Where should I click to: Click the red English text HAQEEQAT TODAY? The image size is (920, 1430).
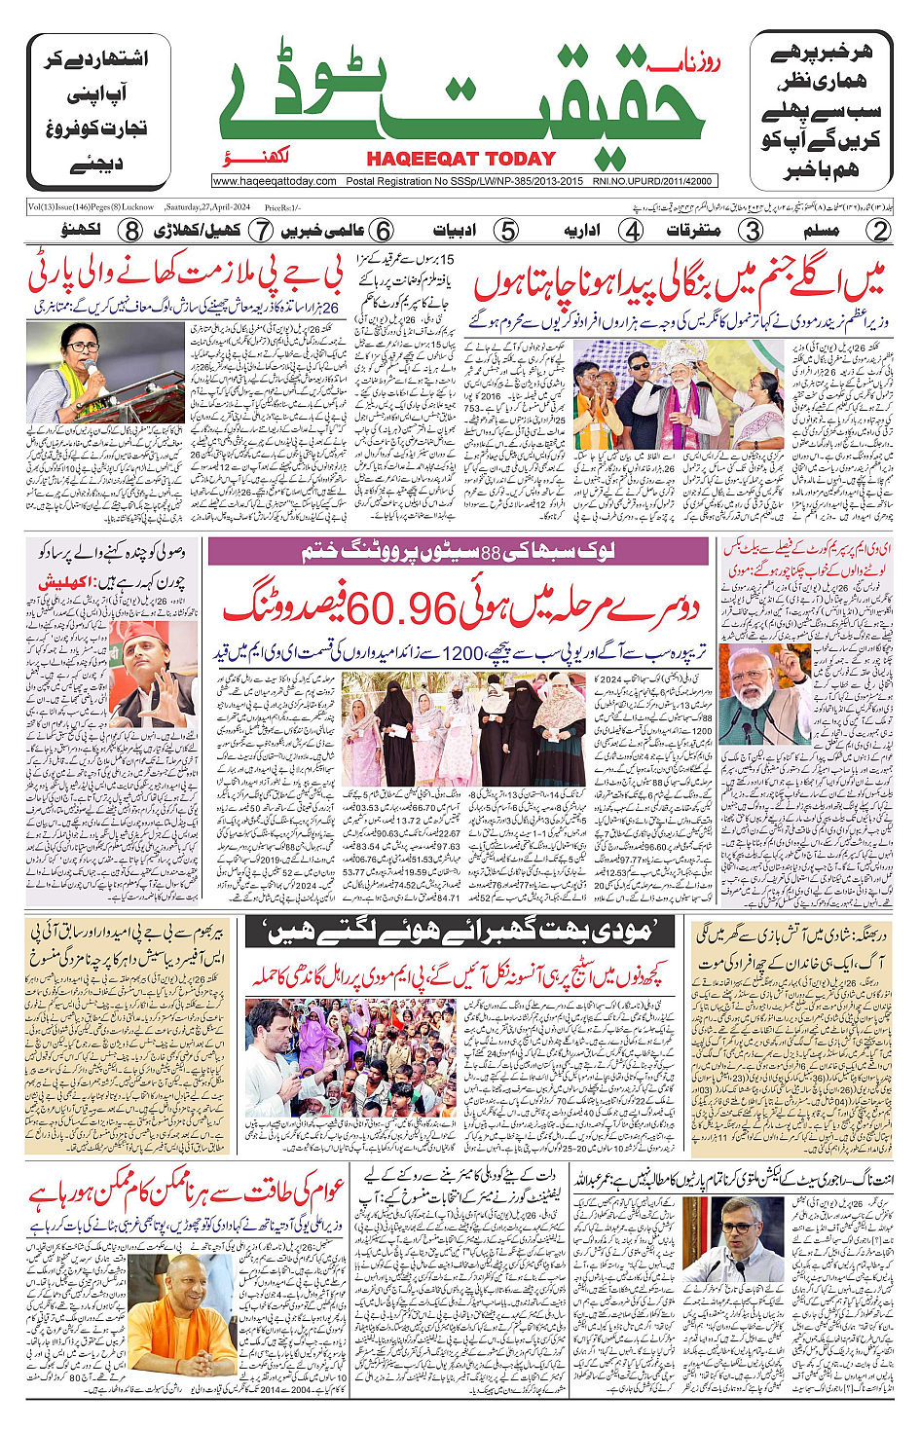[460, 159]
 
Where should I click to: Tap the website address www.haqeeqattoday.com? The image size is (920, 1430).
[275, 181]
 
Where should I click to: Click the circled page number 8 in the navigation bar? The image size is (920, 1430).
[131, 231]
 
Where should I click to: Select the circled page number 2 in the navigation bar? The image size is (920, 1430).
[879, 231]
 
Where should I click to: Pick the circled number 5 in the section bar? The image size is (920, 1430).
[506, 231]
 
